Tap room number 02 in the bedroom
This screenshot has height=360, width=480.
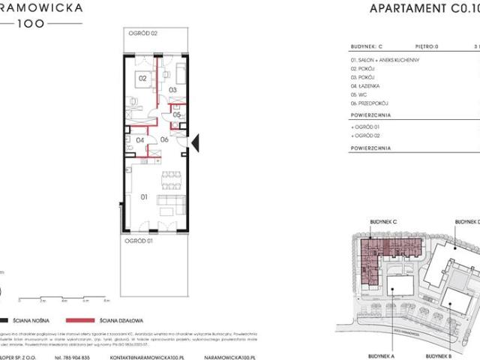coord(140,78)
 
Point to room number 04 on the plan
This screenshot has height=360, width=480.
coord(139,139)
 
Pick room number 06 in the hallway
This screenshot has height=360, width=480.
coord(165,139)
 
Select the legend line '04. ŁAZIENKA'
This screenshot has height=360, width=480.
coord(367,87)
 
